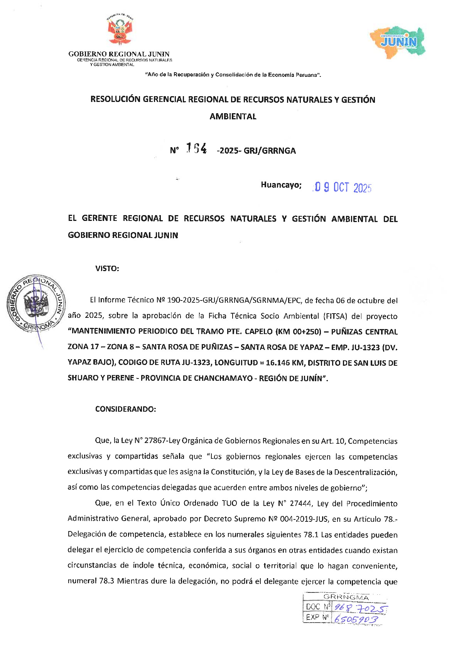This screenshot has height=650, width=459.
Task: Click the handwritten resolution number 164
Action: point(196,149)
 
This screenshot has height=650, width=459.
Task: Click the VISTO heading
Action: point(107,269)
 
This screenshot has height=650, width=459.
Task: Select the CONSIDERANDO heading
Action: point(126,409)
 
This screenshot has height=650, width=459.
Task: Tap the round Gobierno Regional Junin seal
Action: point(36,304)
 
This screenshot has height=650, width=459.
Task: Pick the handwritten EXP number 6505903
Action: point(356,619)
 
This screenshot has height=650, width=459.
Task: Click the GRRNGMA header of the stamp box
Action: point(346,597)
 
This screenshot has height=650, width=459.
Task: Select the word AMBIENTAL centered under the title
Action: point(233,117)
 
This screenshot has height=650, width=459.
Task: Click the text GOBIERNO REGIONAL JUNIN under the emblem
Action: point(119,54)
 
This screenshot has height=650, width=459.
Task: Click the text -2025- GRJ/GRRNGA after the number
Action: point(256,151)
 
